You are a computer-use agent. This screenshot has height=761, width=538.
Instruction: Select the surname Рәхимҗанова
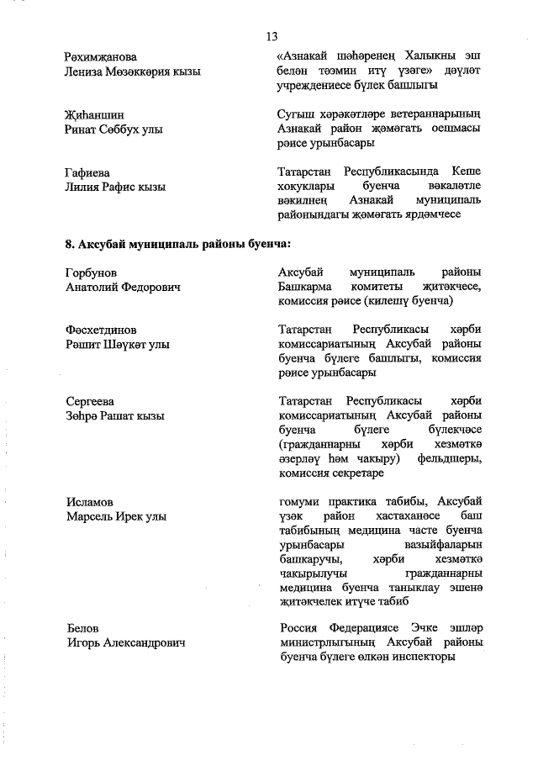pyautogui.click(x=100, y=56)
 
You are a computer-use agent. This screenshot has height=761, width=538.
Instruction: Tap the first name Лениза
pyautogui.click(x=85, y=71)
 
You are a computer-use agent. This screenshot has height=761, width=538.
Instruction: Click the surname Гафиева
pyautogui.click(x=87, y=172)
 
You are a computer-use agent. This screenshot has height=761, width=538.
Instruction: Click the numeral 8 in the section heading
pyautogui.click(x=68, y=244)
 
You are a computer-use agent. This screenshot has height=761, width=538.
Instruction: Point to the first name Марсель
pyautogui.click(x=92, y=516)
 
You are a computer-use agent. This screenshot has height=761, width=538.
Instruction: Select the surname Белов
pyautogui.click(x=82, y=628)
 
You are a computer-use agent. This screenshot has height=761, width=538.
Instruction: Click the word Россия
pyautogui.click(x=300, y=628)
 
